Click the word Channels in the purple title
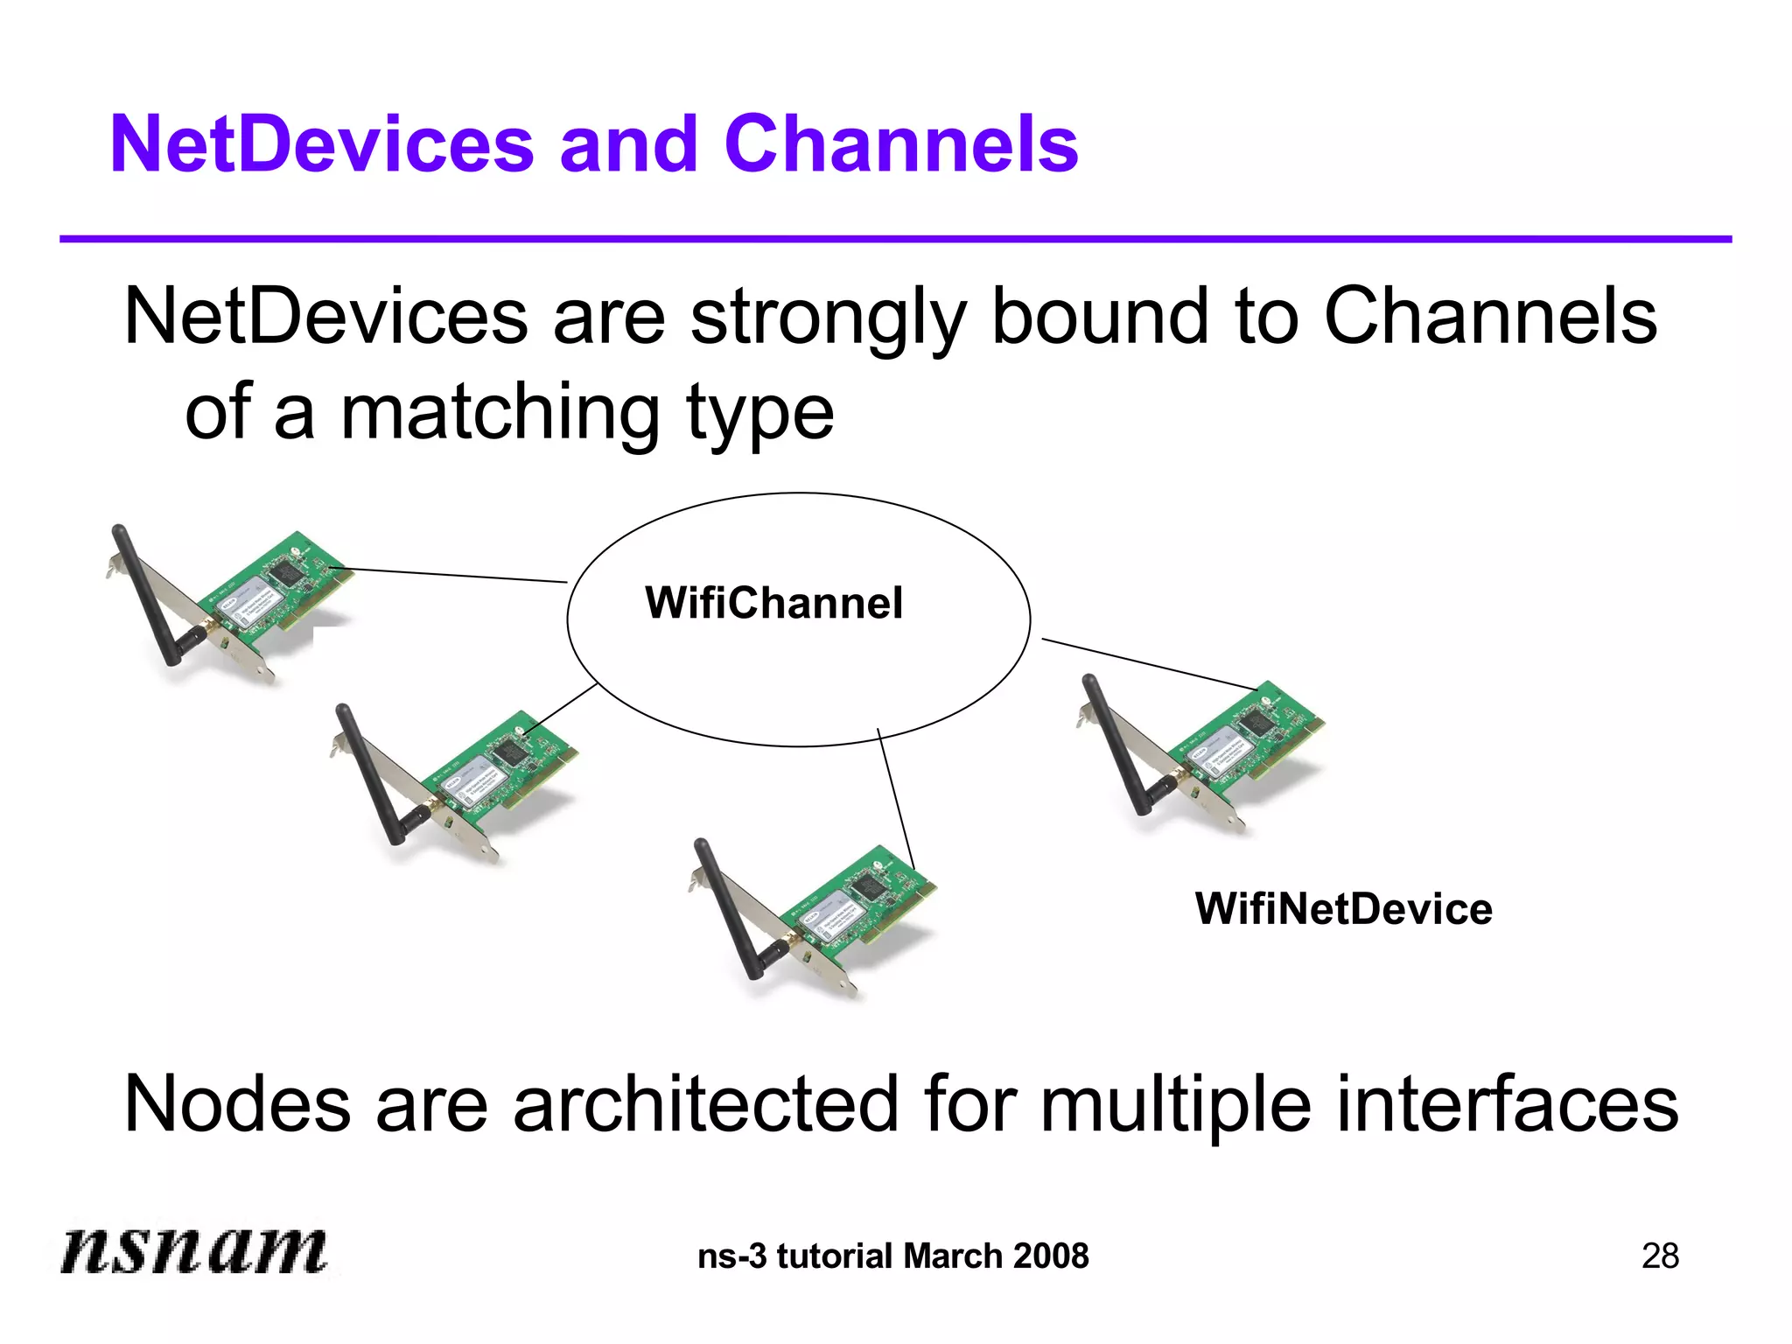901,144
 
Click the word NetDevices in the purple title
321,144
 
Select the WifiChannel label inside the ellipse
773,603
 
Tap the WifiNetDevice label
1343,908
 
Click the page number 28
1660,1256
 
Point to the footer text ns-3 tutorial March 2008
892,1256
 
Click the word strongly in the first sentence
828,319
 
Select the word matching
500,414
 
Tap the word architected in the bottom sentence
705,1104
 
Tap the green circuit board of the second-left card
499,770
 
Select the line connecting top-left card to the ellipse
455,575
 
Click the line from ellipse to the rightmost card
1151,664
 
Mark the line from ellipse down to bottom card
895,796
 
